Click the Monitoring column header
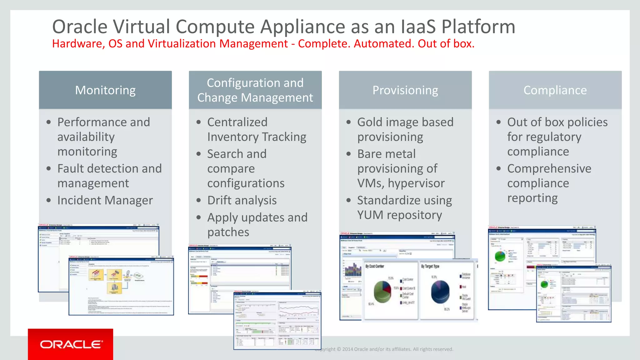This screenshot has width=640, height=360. (x=105, y=90)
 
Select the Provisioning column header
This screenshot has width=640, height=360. (x=405, y=90)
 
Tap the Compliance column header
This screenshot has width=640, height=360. (x=555, y=90)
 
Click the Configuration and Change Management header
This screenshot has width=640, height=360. (x=255, y=90)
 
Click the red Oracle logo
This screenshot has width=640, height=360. (x=71, y=344)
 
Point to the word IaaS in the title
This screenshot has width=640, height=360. (x=418, y=27)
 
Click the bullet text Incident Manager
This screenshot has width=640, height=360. (x=105, y=200)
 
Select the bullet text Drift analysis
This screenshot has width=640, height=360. (x=242, y=200)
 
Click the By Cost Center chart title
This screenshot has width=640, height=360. (x=375, y=266)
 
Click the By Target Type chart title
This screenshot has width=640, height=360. (x=430, y=266)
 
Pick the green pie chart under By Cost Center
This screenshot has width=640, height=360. (x=382, y=291)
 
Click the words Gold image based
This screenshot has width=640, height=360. (x=405, y=122)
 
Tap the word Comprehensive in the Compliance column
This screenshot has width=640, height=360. (x=549, y=169)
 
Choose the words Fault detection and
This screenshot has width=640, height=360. (x=109, y=169)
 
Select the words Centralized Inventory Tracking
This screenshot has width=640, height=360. (x=256, y=130)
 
